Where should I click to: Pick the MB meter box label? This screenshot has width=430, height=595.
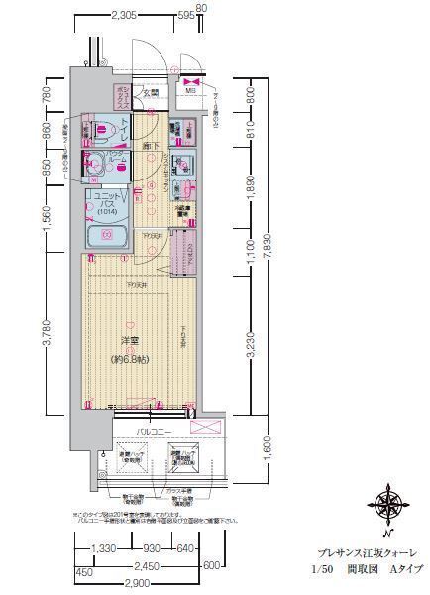[189, 92]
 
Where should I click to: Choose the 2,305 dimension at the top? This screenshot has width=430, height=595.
[124, 15]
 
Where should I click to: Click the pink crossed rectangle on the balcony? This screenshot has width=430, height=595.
[207, 428]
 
